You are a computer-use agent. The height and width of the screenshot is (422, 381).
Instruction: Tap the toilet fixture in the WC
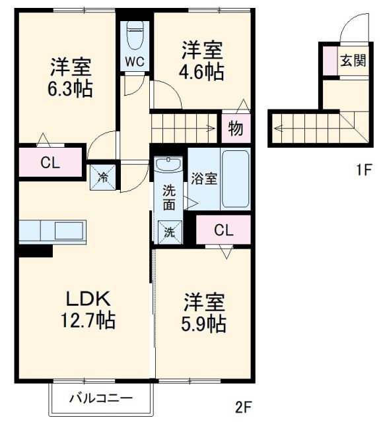pyautogui.click(x=135, y=34)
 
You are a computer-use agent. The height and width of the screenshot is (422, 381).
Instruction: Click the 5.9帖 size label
pyautogui.click(x=204, y=324)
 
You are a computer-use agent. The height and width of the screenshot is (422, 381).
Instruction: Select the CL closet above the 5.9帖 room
pyautogui.click(x=224, y=230)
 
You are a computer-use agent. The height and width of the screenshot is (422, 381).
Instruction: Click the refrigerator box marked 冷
pyautogui.click(x=104, y=176)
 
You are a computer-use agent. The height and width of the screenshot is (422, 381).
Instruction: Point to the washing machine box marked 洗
pyautogui.click(x=170, y=232)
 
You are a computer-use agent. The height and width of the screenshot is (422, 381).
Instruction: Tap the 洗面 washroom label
pyautogui.click(x=170, y=197)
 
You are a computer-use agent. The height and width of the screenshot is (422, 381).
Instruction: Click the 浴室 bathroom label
pyautogui.click(x=202, y=178)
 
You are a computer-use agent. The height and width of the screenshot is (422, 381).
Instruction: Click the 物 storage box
pyautogui.click(x=235, y=129)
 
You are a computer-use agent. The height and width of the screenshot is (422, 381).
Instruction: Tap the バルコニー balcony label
pyautogui.click(x=102, y=398)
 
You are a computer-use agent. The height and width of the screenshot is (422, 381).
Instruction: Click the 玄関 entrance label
pyautogui.click(x=352, y=61)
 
